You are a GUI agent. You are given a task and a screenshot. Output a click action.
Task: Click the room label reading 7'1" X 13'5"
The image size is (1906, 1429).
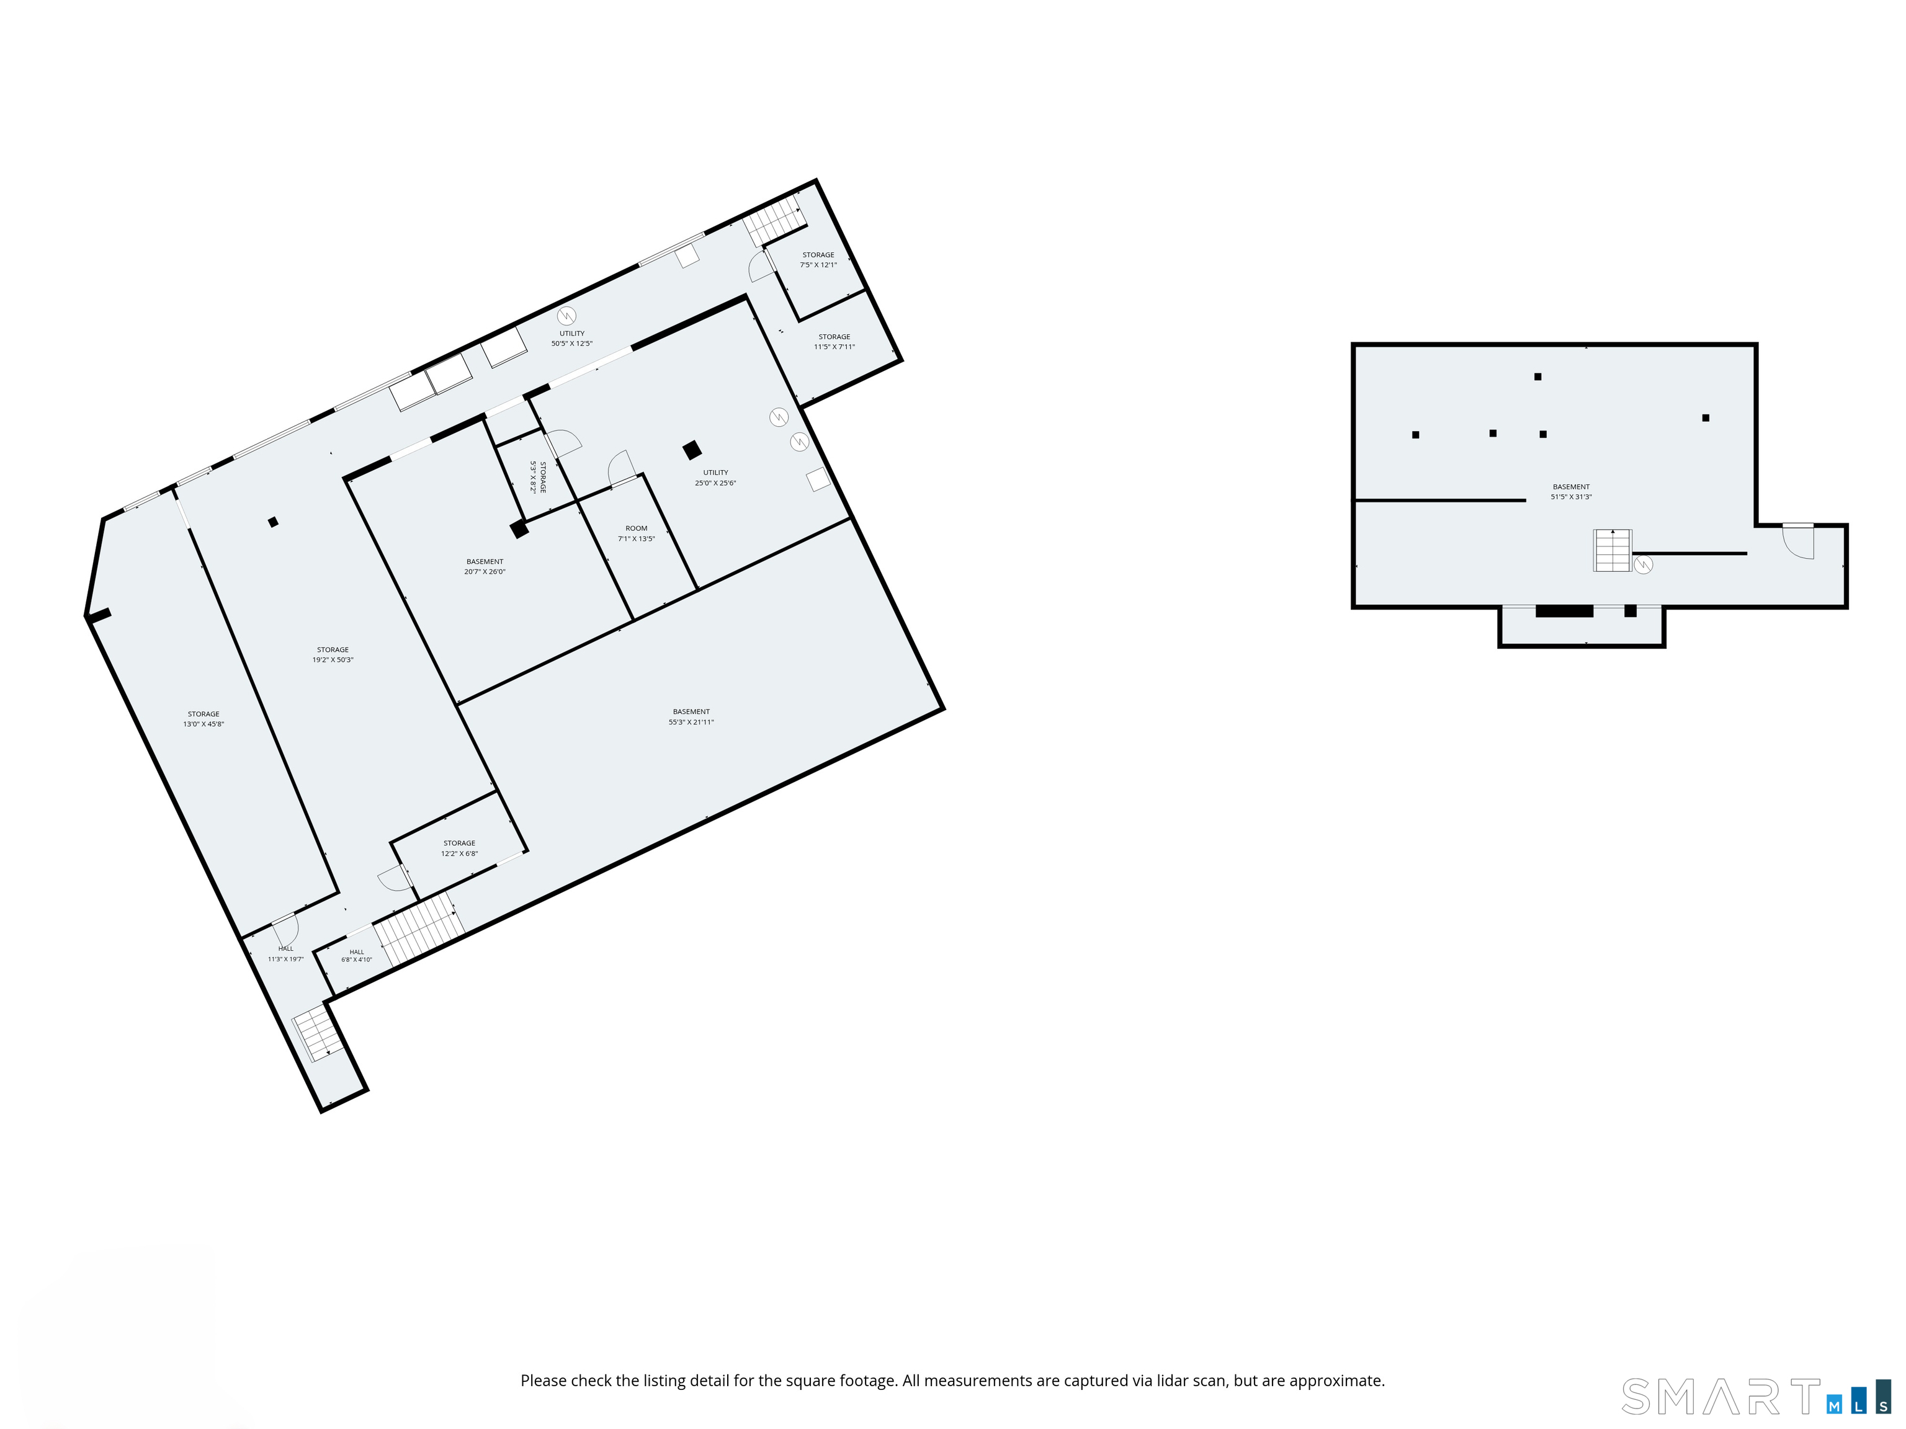click(636, 534)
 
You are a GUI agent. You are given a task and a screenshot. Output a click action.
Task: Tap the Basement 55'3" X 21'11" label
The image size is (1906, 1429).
click(691, 716)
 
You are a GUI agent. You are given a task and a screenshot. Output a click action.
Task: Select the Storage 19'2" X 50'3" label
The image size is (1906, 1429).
click(333, 654)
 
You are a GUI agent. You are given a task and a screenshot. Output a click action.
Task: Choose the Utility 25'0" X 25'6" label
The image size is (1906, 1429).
click(715, 477)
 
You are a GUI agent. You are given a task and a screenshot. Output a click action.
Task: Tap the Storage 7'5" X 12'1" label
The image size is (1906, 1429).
click(818, 259)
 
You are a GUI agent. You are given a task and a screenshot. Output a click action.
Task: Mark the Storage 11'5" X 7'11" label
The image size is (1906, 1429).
click(834, 342)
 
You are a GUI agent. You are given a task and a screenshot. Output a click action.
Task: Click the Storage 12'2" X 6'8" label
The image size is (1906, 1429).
click(459, 848)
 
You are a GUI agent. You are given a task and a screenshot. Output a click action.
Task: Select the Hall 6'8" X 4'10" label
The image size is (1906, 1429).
click(357, 955)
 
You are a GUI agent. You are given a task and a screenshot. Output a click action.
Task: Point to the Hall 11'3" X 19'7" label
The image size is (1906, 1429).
click(285, 953)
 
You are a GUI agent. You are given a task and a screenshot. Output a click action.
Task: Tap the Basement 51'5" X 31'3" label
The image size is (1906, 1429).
click(1571, 492)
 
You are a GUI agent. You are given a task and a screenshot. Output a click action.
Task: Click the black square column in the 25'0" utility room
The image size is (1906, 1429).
click(692, 450)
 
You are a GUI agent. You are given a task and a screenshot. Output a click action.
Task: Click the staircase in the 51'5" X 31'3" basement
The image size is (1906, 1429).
click(1612, 550)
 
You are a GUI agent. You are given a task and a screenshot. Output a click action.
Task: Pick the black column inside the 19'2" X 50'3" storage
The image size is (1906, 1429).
click(273, 521)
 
